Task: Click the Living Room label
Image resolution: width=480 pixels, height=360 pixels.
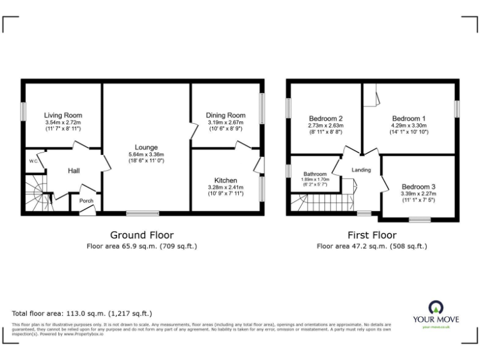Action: coord(62,116)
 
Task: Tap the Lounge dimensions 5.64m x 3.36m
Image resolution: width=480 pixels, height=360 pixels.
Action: coord(146,155)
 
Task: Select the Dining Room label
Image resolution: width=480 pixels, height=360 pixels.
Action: coord(226,116)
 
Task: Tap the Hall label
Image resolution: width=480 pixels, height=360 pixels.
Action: coord(74,171)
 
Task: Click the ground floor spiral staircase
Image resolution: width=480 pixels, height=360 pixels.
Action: coord(38,193)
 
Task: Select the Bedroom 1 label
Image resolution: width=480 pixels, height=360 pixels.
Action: coord(409,119)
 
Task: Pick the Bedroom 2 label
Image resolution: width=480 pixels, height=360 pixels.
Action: coord(326,119)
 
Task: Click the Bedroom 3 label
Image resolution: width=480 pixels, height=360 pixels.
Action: coord(418,186)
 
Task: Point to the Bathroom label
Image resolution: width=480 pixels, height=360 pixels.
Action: coord(315,174)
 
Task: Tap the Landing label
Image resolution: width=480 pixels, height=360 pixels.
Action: coord(361,170)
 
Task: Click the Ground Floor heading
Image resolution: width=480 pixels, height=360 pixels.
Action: coord(142,235)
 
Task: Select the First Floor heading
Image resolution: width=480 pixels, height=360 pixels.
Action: coord(372,235)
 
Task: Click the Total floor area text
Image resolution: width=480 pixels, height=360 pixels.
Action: coord(82,313)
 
